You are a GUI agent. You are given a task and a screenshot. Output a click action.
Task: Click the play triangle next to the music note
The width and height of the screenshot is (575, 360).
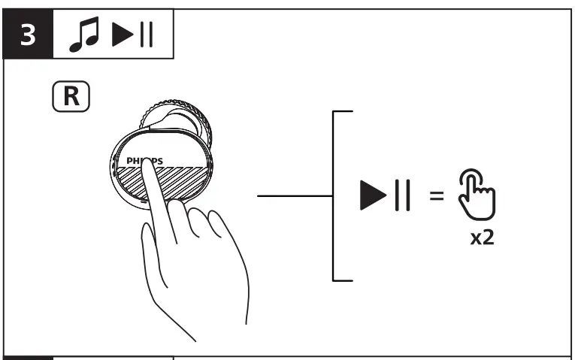coord(123,36)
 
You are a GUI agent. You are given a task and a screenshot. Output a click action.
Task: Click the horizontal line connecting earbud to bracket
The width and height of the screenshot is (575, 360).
coord(294,196)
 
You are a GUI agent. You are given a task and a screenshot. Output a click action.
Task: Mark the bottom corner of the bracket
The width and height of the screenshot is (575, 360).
coord(334,280)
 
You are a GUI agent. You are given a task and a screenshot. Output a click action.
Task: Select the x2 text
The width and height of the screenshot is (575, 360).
coord(482,241)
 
